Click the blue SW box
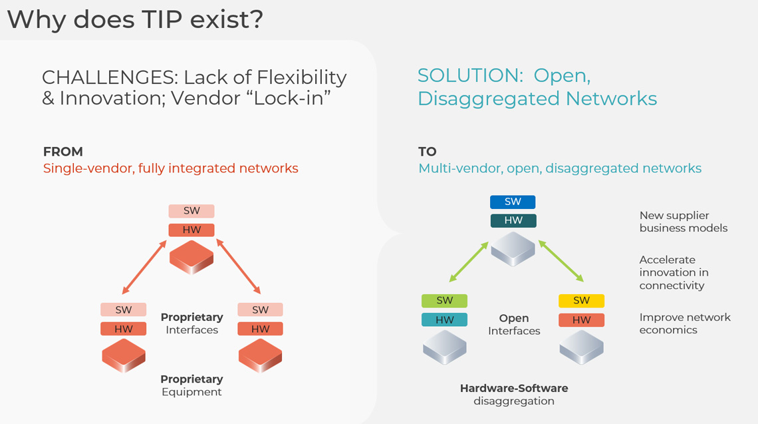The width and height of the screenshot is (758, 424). coord(513,202)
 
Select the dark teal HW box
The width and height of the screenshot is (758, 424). coord(513,220)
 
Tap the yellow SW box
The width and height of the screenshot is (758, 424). coord(582,300)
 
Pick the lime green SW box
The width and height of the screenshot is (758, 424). coord(445,300)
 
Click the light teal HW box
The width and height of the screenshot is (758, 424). coord(445,320)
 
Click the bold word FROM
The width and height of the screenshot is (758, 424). coord(63,152)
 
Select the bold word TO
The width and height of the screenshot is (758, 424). coord(428,152)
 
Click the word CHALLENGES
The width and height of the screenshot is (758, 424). coord(106,77)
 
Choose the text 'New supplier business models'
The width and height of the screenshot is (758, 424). coord(683,222)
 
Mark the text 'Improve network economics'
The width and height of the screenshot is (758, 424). coord(684,323)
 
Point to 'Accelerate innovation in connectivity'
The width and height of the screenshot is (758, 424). coord(674,272)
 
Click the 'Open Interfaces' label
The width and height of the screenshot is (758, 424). coord(514,324)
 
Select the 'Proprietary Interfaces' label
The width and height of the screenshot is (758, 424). coord(192,323)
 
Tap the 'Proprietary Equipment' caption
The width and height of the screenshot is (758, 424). coord(191,385)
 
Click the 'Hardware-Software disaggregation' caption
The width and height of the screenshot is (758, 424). coord(514,394)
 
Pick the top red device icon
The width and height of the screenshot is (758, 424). coord(191,257)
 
